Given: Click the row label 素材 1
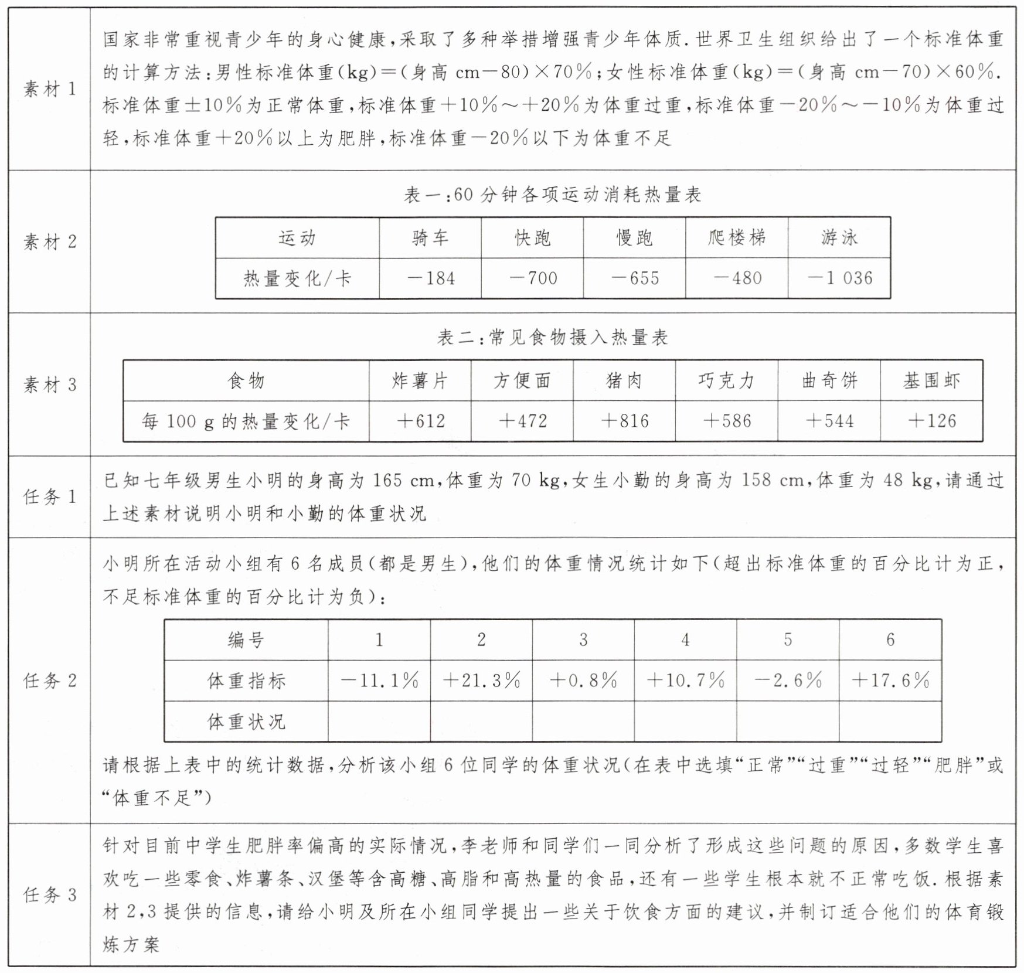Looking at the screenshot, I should click(x=50, y=89).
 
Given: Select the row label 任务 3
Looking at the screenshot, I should click(x=50, y=894).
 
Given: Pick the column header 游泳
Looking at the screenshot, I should click(x=839, y=237).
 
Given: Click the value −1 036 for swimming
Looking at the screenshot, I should click(x=839, y=278).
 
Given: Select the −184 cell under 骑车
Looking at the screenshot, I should click(x=430, y=278).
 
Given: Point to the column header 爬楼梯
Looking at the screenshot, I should click(x=737, y=237).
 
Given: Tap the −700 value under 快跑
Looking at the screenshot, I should click(x=532, y=278).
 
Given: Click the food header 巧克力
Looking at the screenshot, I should click(x=726, y=381).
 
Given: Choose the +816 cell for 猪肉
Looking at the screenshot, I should click(x=624, y=421).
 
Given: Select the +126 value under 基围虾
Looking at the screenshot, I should click(x=931, y=421).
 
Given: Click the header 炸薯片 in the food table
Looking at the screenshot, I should click(x=420, y=381).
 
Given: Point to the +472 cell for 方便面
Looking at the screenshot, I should click(x=522, y=421).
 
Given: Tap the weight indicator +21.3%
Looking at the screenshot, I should click(x=481, y=681).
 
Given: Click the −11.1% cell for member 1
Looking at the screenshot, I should click(x=379, y=681).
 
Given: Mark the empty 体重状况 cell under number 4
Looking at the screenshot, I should click(x=685, y=721).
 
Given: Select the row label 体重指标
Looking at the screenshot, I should click(x=246, y=681).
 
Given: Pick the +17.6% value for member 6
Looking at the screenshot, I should click(x=890, y=681).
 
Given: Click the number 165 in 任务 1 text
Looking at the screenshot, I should click(x=387, y=481).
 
